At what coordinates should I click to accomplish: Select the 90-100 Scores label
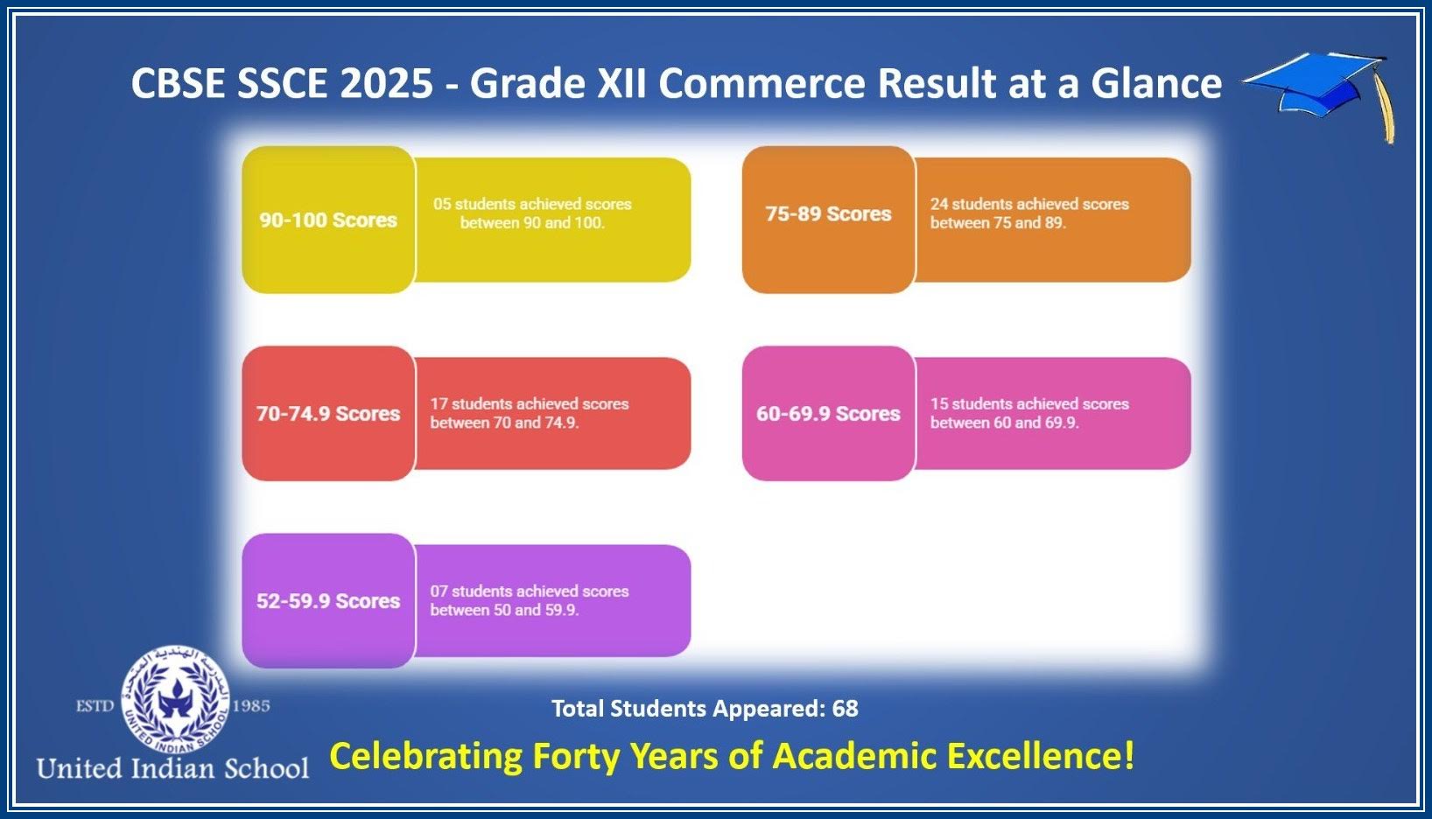(x=328, y=220)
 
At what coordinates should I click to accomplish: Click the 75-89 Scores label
(x=828, y=213)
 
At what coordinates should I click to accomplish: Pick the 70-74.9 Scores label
(x=328, y=413)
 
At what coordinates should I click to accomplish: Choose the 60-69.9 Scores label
(x=828, y=413)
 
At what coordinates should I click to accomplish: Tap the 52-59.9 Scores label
(x=328, y=600)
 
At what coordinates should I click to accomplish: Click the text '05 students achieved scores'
(x=532, y=204)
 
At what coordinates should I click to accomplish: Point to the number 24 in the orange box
(x=938, y=204)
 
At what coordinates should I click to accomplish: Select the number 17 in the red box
(x=439, y=403)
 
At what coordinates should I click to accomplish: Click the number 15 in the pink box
(x=938, y=403)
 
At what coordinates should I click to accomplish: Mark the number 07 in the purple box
(x=439, y=591)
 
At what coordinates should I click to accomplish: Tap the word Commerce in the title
(x=762, y=83)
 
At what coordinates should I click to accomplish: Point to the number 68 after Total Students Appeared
(x=846, y=708)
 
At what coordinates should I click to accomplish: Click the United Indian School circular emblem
(x=174, y=699)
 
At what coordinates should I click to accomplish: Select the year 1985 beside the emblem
(x=251, y=706)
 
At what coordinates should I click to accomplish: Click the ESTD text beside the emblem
(x=95, y=706)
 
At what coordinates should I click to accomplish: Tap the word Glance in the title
(x=1156, y=83)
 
